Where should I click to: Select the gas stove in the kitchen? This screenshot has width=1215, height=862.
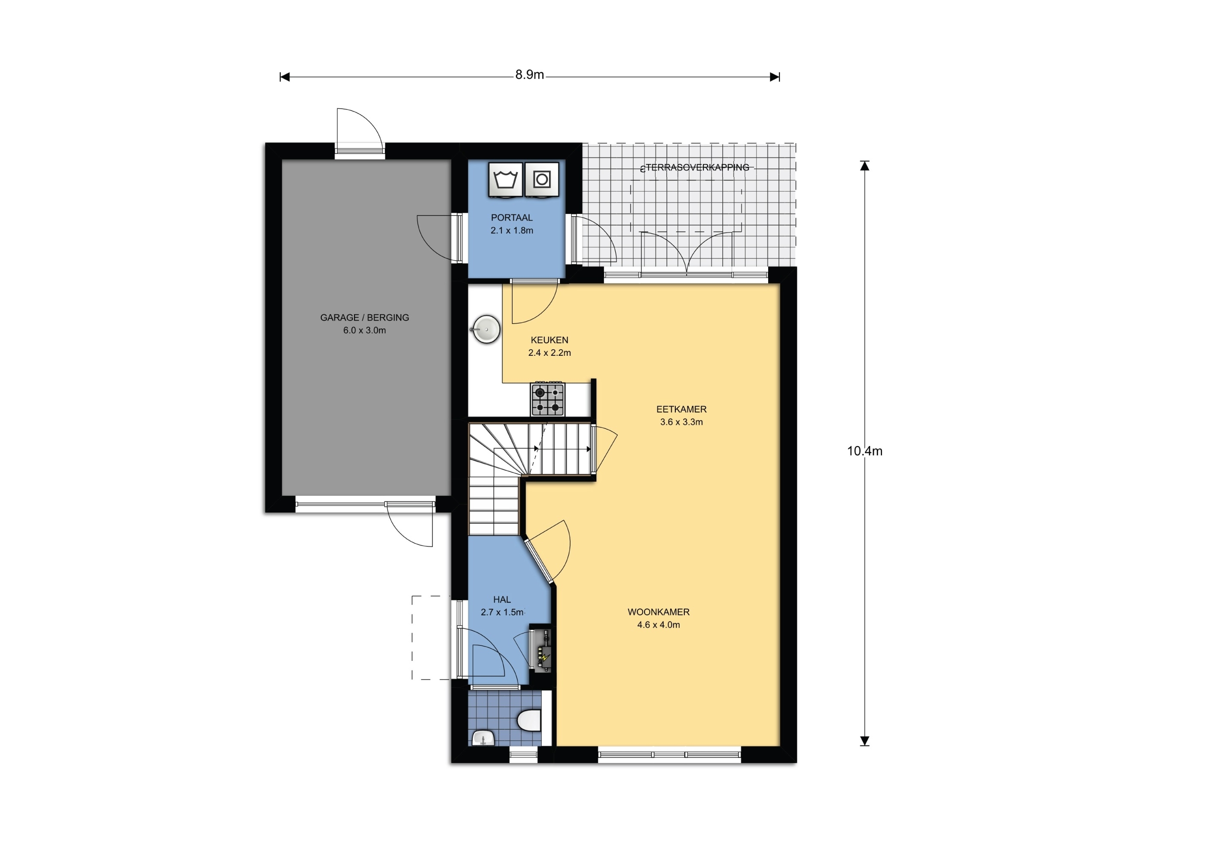click(x=547, y=399)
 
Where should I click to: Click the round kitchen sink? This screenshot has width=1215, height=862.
click(x=486, y=329)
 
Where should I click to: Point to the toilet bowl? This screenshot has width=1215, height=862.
click(x=529, y=720)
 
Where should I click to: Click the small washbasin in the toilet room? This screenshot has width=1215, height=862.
click(x=483, y=738)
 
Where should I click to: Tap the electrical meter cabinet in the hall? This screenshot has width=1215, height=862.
click(x=540, y=650)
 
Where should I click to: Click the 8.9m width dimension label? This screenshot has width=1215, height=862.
click(x=529, y=75)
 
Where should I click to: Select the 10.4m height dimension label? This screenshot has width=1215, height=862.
click(x=865, y=451)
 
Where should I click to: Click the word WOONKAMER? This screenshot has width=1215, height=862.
click(x=659, y=612)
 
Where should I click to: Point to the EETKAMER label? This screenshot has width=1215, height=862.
click(x=681, y=409)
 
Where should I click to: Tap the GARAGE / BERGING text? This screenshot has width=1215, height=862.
click(x=364, y=318)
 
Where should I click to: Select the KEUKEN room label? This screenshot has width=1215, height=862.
click(x=549, y=340)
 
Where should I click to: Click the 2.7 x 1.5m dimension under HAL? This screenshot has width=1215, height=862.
click(x=502, y=612)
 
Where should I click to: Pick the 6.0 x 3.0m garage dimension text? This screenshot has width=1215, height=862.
click(x=364, y=330)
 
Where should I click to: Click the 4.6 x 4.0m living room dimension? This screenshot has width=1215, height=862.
click(x=659, y=625)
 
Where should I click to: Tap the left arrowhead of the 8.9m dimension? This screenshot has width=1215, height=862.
click(x=285, y=77)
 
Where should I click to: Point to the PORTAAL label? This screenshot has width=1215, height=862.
click(x=511, y=217)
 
